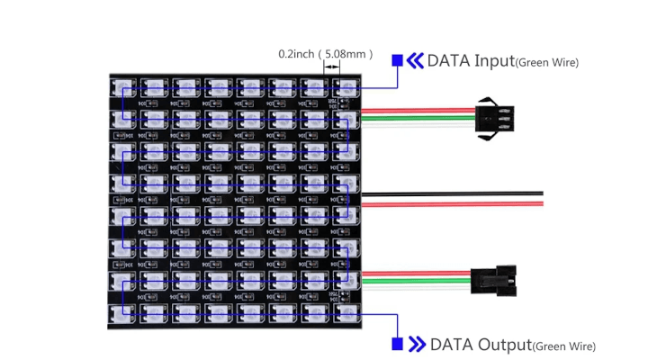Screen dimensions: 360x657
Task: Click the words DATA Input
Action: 470,61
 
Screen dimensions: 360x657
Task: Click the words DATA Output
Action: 481,344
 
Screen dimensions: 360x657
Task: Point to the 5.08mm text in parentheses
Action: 346,54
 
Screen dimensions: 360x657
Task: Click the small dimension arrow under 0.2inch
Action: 332,67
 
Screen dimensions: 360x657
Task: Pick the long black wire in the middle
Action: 450,193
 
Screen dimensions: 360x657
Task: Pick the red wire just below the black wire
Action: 450,203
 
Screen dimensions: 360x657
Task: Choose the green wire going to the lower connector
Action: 414,280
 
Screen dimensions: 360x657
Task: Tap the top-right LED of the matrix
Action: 346,87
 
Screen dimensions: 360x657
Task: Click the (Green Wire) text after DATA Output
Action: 564,346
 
